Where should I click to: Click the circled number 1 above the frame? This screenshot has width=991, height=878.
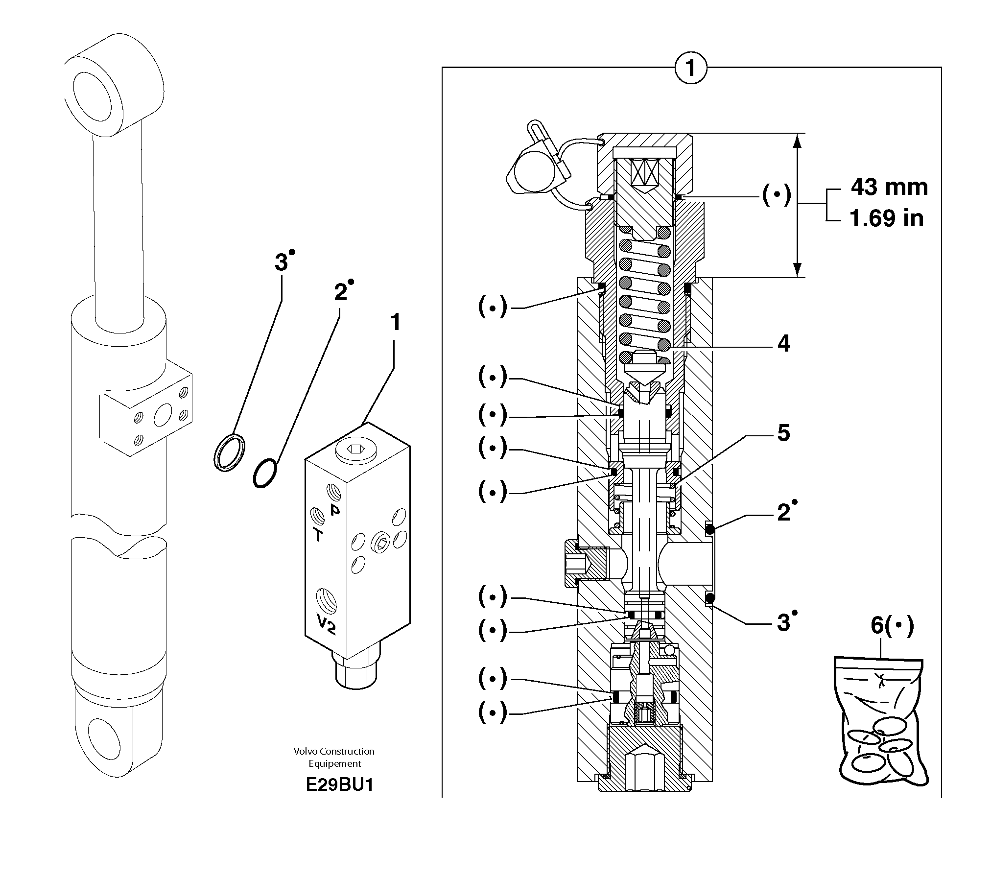click(690, 68)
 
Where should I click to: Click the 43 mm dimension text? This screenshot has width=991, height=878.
click(889, 187)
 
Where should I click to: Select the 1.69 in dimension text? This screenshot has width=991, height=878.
click(886, 218)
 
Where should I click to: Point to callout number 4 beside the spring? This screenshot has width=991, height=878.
click(783, 344)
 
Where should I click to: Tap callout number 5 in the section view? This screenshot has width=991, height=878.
click(783, 433)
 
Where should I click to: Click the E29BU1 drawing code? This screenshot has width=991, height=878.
click(339, 784)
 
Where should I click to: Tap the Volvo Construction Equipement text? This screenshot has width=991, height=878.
click(334, 757)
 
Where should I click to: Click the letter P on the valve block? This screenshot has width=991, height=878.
click(335, 510)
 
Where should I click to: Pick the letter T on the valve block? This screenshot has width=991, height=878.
click(318, 535)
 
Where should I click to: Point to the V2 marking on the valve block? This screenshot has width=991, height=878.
click(326, 624)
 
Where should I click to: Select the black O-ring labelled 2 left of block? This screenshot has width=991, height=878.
click(265, 473)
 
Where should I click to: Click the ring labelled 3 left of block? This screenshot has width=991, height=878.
click(230, 452)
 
